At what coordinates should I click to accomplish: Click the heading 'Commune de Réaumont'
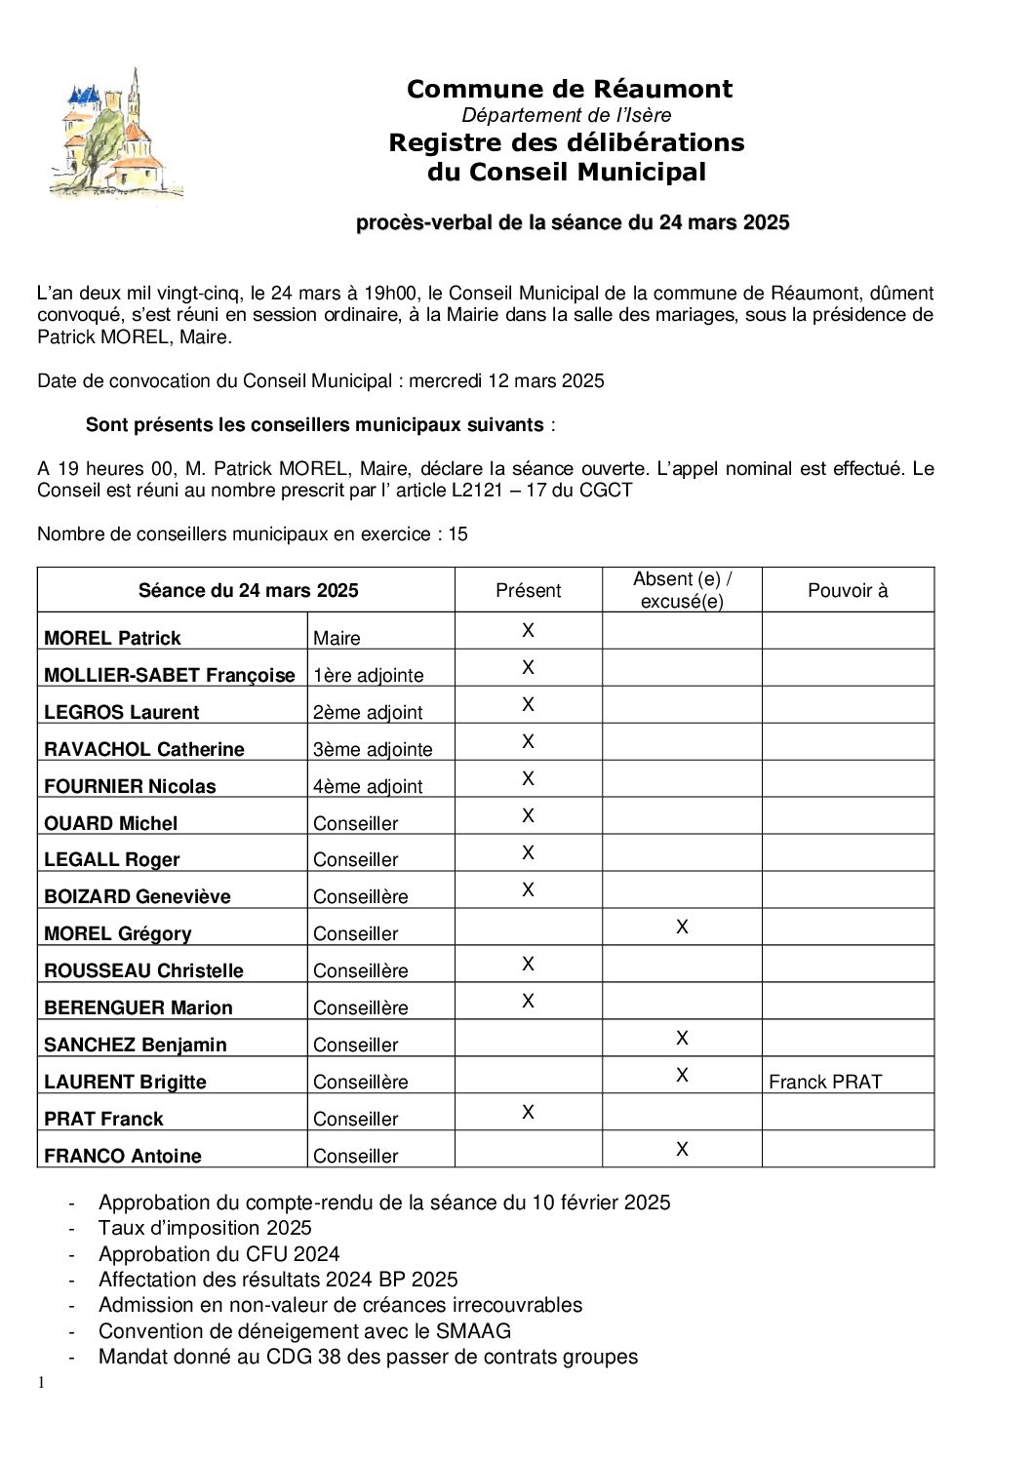pos(569,89)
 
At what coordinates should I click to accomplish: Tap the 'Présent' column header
pos(528,590)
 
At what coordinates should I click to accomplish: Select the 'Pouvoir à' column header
pos(848,590)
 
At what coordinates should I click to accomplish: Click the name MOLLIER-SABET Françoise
pos(169,675)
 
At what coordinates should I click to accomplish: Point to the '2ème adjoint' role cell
pos(367,712)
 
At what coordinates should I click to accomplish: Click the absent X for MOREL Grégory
pos(682,927)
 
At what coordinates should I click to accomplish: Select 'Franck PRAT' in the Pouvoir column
pos(824,1082)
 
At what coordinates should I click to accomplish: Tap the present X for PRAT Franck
pos(528,1112)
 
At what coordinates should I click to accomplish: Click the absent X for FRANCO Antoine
pos(682,1149)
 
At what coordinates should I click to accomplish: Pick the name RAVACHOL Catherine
pos(143,749)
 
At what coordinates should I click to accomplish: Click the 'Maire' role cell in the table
pos(337,638)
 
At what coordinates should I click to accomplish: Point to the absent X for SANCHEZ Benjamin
pos(682,1038)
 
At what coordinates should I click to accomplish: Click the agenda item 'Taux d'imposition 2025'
pos(205,1228)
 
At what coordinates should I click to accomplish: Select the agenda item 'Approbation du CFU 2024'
pos(218,1253)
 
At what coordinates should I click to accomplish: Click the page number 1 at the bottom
pos(41,1382)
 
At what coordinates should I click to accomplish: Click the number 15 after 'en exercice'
pos(457,533)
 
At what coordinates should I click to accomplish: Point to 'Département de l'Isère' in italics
pos(567,115)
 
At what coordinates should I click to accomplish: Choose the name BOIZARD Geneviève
pos(137,896)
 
